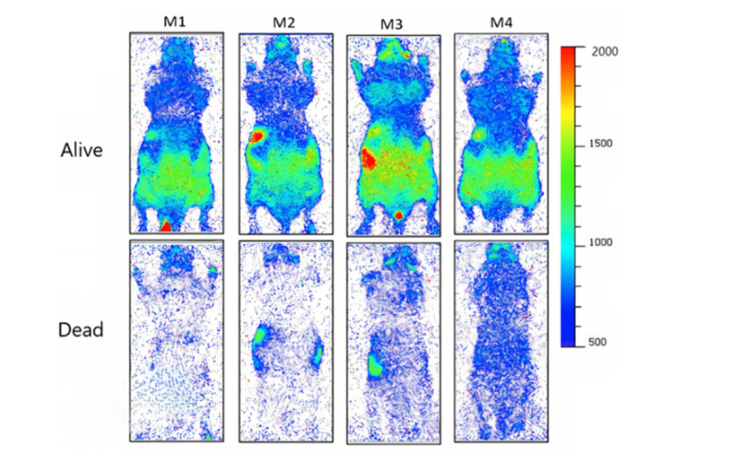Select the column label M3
[x=392, y=24]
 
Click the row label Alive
[x=81, y=150]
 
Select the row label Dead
[x=80, y=330]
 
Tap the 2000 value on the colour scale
[x=604, y=52]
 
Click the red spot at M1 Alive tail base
[x=166, y=226]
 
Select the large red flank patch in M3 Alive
[x=368, y=159]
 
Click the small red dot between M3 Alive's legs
[x=399, y=216]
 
